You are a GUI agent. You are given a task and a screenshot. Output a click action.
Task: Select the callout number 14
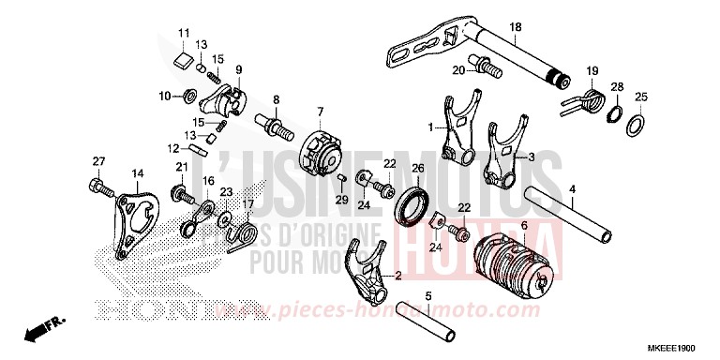[x=137, y=173]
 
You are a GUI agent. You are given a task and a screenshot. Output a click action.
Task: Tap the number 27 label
[x=97, y=162]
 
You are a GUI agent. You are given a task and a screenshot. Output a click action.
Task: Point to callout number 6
[x=524, y=226]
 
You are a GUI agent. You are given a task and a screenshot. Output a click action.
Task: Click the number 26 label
[x=419, y=169]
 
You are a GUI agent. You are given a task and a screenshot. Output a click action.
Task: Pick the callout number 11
[x=184, y=34]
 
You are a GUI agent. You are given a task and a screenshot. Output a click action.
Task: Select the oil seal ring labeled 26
[x=414, y=207]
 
